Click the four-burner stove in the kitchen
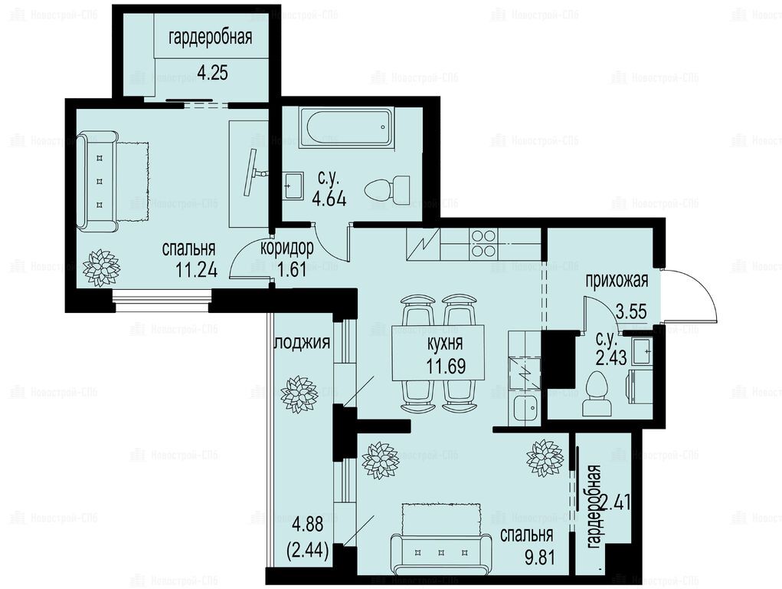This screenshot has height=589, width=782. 483,243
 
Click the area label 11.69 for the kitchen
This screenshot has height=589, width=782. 446,366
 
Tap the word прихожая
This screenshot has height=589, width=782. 617,281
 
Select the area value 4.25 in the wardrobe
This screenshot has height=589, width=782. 212,73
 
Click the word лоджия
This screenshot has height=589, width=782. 303,343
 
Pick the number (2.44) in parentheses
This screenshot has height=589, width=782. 308,551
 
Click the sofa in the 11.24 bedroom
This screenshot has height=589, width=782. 98,182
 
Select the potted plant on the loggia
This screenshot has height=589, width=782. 299,394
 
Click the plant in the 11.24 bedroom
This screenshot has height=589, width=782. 102,268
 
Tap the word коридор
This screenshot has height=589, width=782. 287,248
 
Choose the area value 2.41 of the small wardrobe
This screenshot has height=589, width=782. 616,502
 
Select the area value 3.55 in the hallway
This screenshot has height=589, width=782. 631,311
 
